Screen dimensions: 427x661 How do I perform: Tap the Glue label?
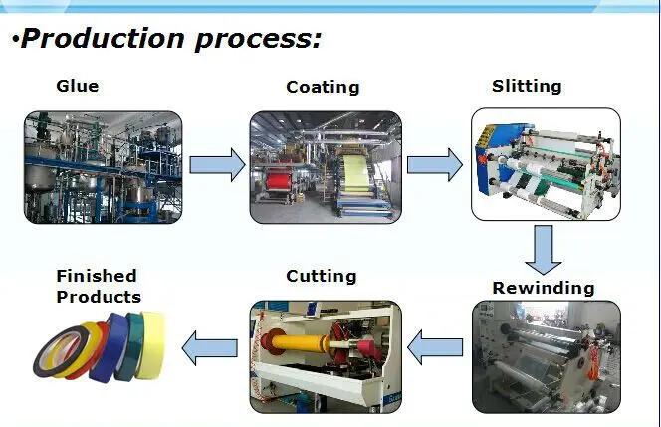click(77, 86)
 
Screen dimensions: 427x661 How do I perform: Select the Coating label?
click(323, 87)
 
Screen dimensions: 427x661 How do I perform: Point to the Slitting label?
click(527, 86)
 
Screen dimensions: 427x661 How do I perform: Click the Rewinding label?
click(543, 289)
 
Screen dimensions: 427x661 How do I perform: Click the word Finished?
click(96, 276)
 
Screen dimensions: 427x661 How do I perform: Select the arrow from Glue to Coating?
click(216, 164)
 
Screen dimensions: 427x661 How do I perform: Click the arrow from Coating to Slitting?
click(435, 164)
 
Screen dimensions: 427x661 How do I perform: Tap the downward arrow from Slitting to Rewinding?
click(544, 250)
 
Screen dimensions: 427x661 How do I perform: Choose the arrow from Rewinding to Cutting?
click(435, 348)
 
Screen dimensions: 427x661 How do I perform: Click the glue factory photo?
click(104, 166)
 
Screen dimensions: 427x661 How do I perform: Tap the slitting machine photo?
click(545, 163)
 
